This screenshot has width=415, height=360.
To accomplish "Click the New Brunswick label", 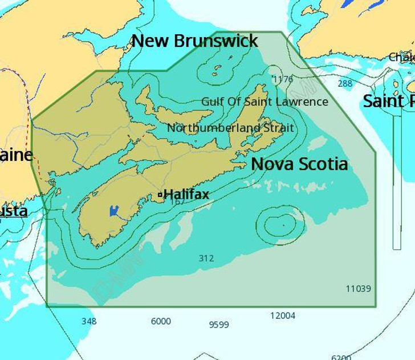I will tap(195, 41).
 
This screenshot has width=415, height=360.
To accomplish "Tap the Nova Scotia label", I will tap(299, 164).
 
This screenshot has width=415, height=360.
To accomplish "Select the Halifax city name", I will tap(186, 195).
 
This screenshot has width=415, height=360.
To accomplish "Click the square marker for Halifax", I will tap(161, 195).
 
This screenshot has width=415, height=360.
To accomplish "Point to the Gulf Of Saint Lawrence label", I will tap(265, 102).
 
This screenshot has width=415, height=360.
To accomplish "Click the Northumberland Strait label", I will tap(230, 128).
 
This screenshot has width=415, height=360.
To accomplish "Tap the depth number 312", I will tap(206, 258).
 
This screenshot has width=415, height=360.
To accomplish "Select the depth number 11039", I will tap(359, 289).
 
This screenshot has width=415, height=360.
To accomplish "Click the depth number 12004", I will tap(283, 315).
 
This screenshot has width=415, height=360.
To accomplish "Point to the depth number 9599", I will tap(219, 325).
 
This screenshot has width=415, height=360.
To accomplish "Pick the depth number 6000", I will tap(161, 321).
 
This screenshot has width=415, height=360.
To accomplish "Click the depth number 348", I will tap(89, 321).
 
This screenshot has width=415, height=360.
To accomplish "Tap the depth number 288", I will tap(345, 84).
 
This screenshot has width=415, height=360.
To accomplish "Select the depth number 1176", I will tap(283, 79).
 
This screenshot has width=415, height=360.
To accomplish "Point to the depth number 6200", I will tap(341, 357).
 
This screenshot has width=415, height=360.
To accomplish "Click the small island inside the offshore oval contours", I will tap(283, 225).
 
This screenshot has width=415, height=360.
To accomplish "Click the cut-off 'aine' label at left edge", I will tap(16, 155).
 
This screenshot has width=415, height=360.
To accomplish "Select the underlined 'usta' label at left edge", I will tap(14, 211).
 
